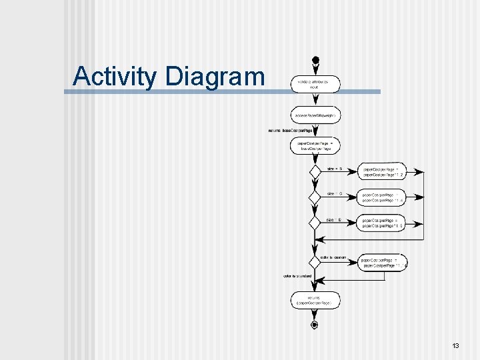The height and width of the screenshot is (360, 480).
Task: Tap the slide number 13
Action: point(455,346)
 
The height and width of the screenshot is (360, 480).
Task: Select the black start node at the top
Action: point(315,61)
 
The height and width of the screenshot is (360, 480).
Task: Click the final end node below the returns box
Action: point(315,325)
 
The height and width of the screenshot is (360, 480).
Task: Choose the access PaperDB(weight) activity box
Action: point(315,115)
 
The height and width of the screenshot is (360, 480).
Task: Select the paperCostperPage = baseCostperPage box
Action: point(315,146)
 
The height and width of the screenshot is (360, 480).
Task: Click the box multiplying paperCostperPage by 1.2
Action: point(381,171)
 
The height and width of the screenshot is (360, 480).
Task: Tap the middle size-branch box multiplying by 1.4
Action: point(381,198)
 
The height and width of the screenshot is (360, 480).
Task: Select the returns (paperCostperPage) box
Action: point(315,301)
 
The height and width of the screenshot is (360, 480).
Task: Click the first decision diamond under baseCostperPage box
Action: point(315,172)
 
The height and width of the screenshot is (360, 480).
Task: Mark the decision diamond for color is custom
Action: point(315,263)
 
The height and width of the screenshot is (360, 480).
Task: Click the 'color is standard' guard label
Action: point(297,276)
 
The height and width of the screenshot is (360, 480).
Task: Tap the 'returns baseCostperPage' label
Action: point(290,131)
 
